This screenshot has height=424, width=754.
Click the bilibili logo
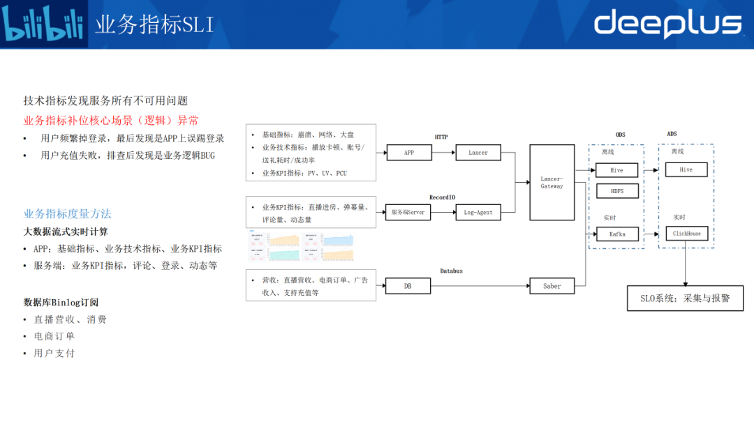coord(43,24)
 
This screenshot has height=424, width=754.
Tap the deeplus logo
coord(667,24)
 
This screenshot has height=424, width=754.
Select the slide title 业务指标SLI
coord(154,25)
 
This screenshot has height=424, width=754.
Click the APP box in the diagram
coord(408,152)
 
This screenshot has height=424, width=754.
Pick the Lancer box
coord(478,152)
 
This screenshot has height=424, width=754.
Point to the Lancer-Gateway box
coord(552,183)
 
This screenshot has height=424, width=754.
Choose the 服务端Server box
coord(408,212)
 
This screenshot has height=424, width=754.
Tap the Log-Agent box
coord(478,212)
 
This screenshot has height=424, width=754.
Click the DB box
coord(408,285)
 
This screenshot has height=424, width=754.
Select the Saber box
coord(552,285)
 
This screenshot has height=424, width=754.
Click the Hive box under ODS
coord(617,169)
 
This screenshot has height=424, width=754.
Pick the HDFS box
coord(617,190)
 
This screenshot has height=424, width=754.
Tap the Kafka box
coord(617,234)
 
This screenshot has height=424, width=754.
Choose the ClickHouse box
coord(686,234)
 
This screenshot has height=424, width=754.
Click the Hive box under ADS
coord(686,169)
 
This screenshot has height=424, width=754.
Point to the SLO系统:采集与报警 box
coord(685,298)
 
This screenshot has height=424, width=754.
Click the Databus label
coord(451,271)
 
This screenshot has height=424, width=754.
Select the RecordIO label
coord(442,197)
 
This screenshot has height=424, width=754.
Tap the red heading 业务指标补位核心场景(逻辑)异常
coord(111,121)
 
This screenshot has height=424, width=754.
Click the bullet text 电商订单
coord(54,336)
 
